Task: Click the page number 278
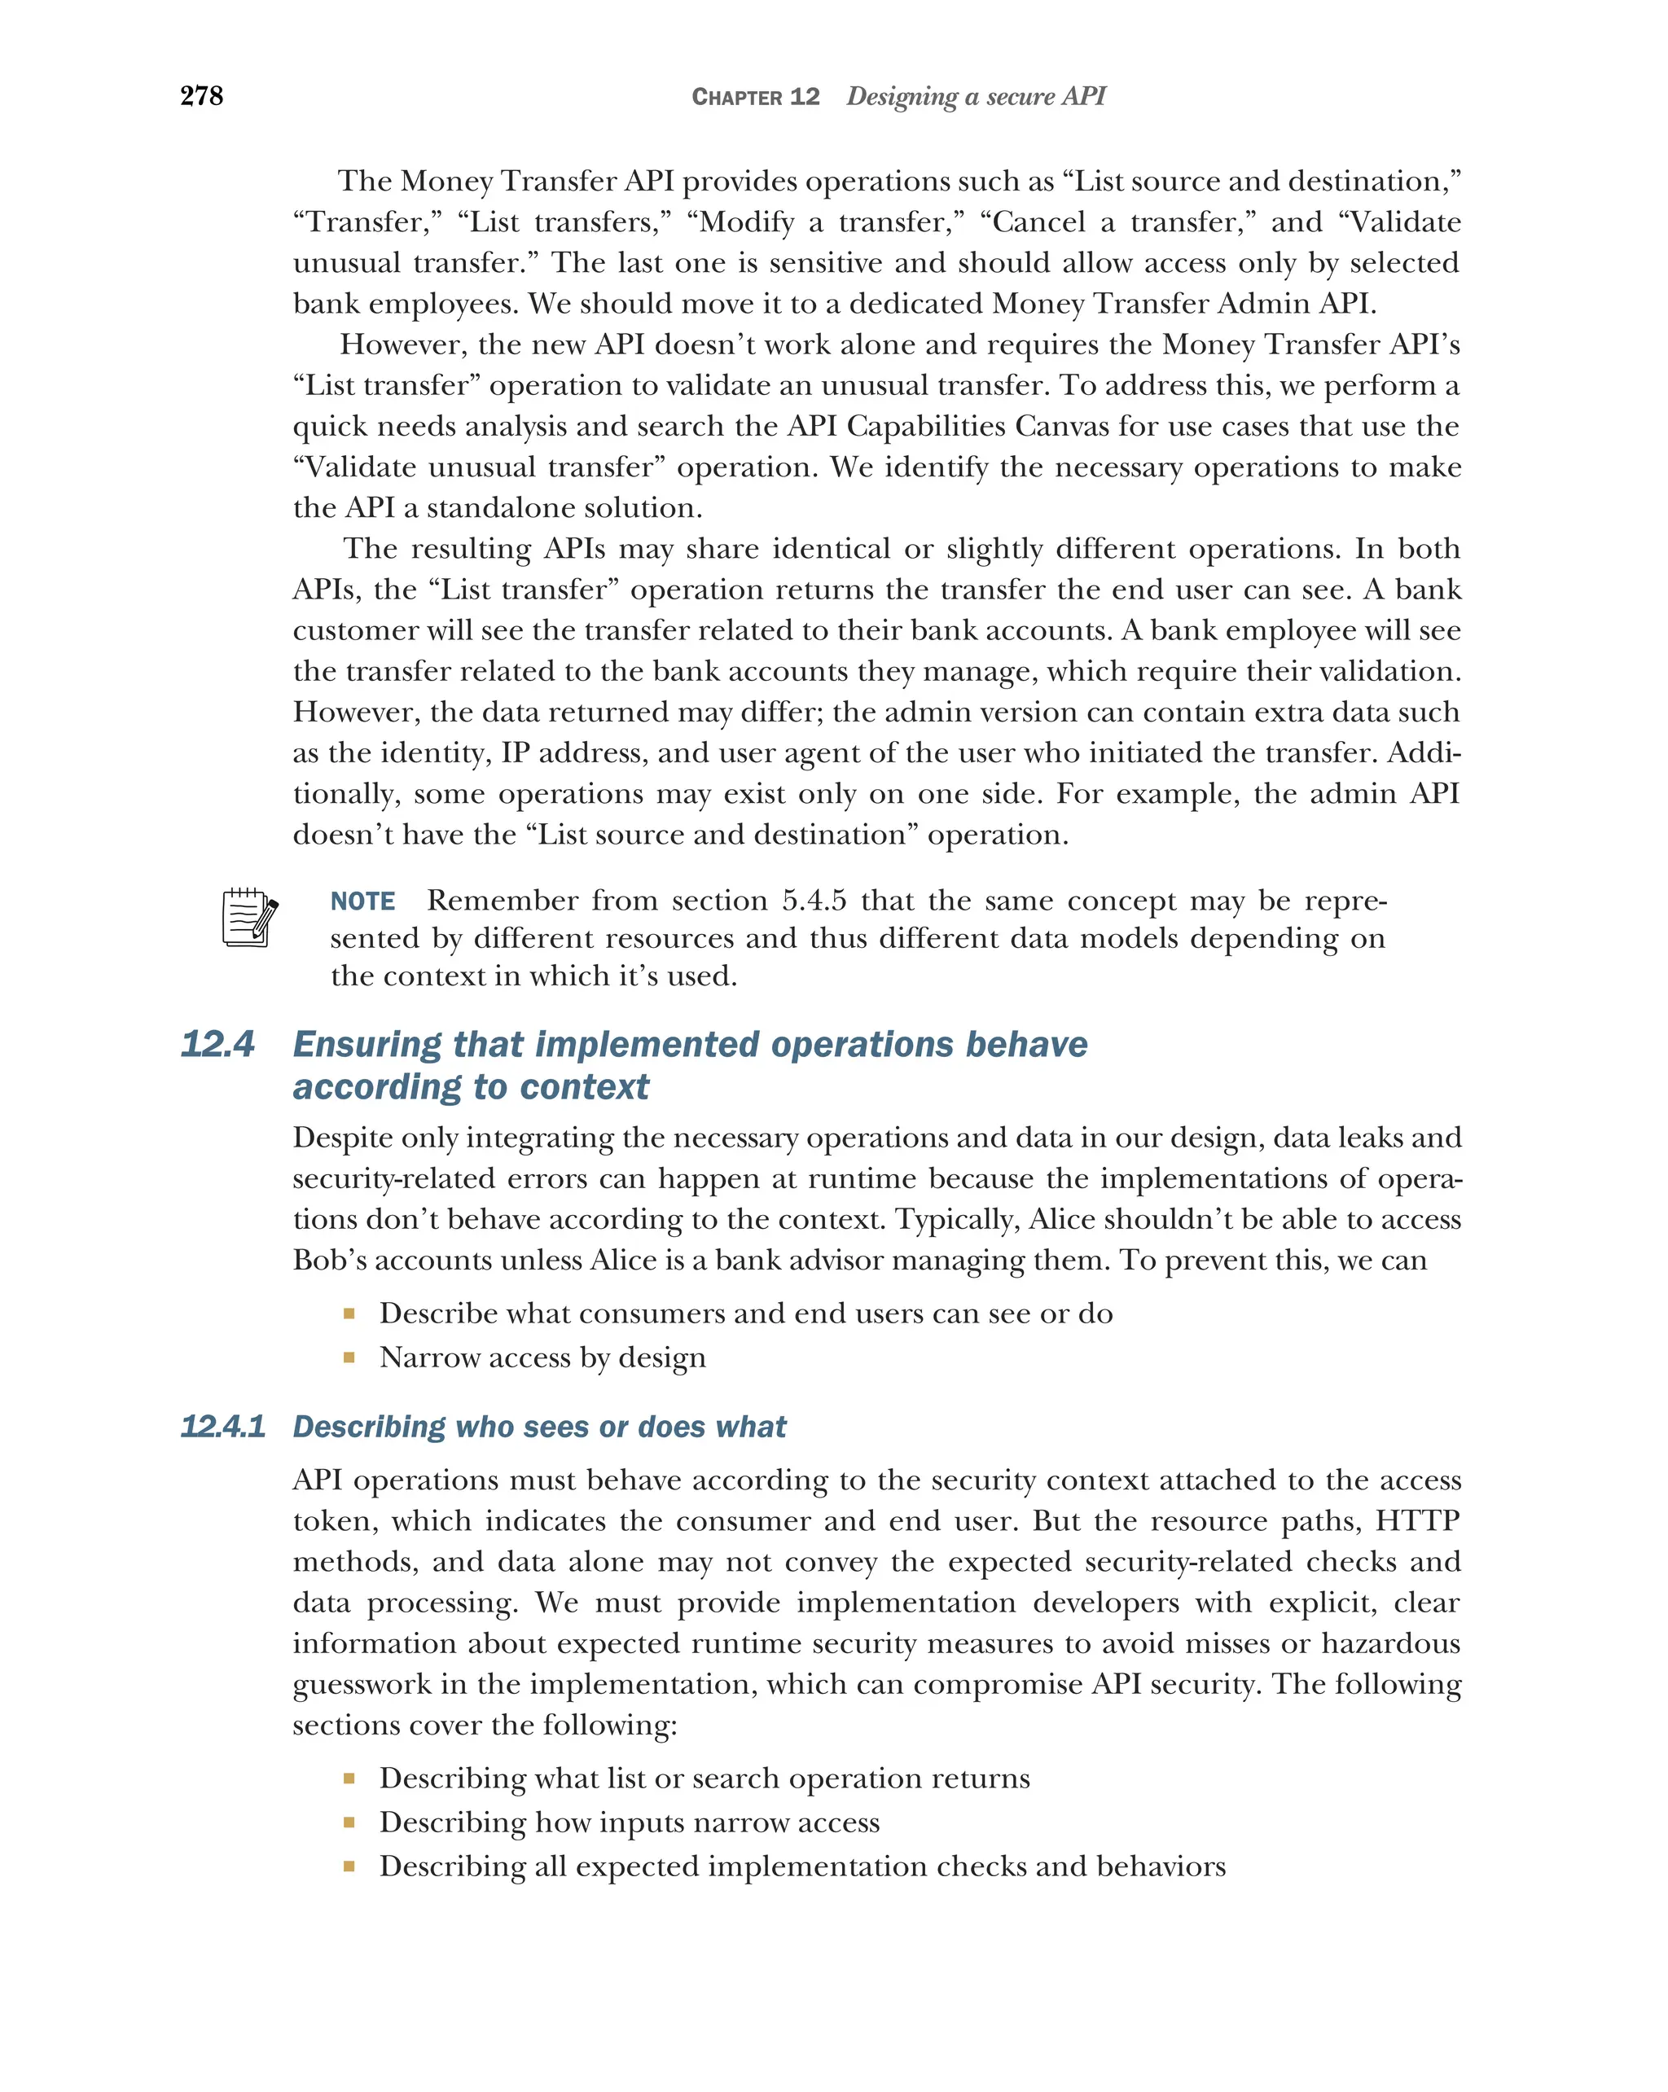click(x=202, y=96)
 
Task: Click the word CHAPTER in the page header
click(x=736, y=97)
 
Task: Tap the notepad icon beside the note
click(x=248, y=917)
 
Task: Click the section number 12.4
click(x=217, y=1044)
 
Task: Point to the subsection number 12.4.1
click(x=223, y=1427)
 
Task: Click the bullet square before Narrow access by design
click(x=349, y=1357)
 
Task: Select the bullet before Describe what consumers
click(x=349, y=1314)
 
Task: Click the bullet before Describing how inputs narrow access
click(x=349, y=1822)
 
